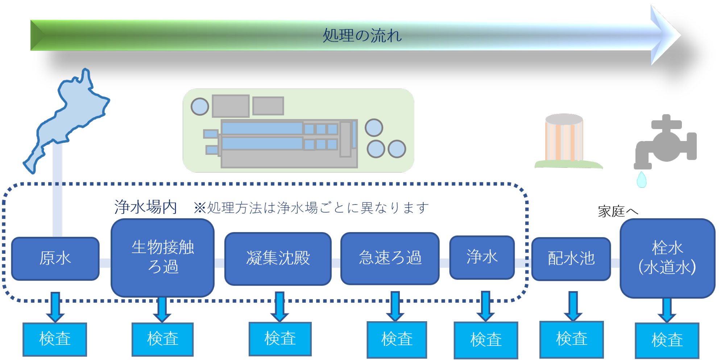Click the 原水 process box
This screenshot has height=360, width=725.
[55, 258]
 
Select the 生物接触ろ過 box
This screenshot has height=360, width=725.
[162, 257]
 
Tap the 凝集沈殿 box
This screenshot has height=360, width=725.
[278, 258]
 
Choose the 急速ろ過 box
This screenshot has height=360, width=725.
[390, 258]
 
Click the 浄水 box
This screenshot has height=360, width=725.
[482, 257]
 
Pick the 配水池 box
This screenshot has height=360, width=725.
[571, 259]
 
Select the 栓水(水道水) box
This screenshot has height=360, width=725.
[667, 258]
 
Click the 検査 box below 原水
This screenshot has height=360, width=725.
[55, 339]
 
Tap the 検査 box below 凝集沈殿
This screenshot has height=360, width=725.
[280, 339]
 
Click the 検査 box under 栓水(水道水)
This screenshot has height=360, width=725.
[667, 340]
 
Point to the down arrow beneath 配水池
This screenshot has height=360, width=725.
[573, 306]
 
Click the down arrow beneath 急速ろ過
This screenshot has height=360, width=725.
[395, 306]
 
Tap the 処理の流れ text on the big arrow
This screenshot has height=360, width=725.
[362, 36]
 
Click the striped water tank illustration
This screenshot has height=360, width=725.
[564, 140]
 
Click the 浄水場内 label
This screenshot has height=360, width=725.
[145, 207]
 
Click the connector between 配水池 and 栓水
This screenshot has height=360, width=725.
[615, 263]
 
